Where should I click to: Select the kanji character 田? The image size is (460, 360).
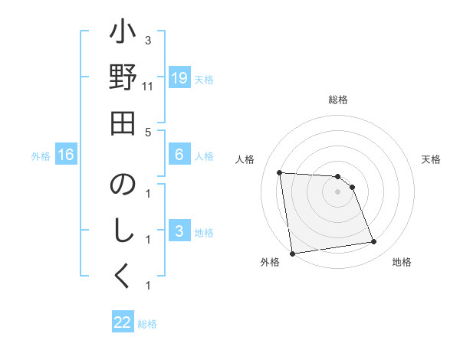[x=123, y=123]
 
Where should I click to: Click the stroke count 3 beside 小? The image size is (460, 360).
[x=148, y=40]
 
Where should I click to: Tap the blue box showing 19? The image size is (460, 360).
[x=179, y=78]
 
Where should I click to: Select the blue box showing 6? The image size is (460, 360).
[x=179, y=155]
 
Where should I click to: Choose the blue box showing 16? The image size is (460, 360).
[x=66, y=155]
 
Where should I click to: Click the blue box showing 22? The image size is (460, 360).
[x=123, y=322]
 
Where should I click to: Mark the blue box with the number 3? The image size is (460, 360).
[x=179, y=232]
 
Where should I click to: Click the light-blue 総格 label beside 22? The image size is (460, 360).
[x=147, y=324]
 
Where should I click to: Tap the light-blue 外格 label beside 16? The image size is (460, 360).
[x=41, y=156]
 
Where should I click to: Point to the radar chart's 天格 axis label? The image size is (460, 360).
[x=431, y=159]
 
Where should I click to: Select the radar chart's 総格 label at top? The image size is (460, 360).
[x=337, y=100]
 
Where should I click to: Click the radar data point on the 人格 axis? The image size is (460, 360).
[x=280, y=172]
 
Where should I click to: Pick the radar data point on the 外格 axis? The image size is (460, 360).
[x=292, y=254]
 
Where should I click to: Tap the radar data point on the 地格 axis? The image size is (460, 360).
[x=374, y=242]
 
